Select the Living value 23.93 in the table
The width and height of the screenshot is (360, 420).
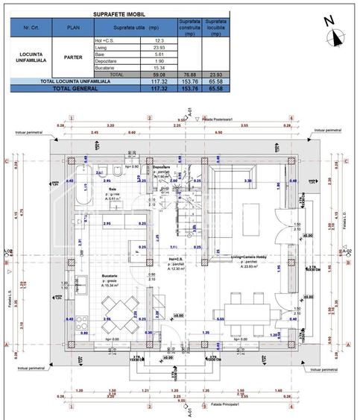[x=159, y=48]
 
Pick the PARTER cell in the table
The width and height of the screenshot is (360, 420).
[x=72, y=57]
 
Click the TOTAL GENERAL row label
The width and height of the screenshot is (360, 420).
[x=69, y=87]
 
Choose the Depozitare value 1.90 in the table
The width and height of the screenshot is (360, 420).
[x=159, y=61]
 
